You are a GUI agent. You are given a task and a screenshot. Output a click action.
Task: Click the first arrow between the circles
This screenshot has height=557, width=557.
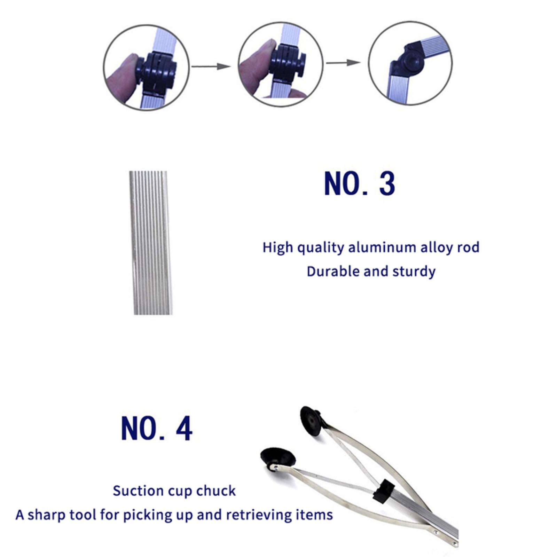click(x=211, y=66)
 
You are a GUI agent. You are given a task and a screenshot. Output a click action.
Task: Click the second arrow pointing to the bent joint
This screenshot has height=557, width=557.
click(x=343, y=63)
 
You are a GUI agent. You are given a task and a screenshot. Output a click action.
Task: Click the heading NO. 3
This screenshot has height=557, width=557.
click(x=360, y=183)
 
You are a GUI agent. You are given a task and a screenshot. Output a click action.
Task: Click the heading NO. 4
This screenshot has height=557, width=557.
click(x=157, y=429)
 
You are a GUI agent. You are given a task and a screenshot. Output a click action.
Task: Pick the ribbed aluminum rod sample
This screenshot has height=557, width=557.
click(x=150, y=243)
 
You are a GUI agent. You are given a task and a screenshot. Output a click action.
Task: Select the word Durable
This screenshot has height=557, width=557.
click(x=333, y=272)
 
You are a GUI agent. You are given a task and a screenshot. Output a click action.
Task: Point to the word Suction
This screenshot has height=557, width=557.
click(x=138, y=491)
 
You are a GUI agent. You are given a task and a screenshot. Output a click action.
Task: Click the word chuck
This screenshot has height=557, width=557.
click(x=216, y=491)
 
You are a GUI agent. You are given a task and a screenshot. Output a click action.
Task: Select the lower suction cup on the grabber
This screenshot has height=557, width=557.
click(x=278, y=459)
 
